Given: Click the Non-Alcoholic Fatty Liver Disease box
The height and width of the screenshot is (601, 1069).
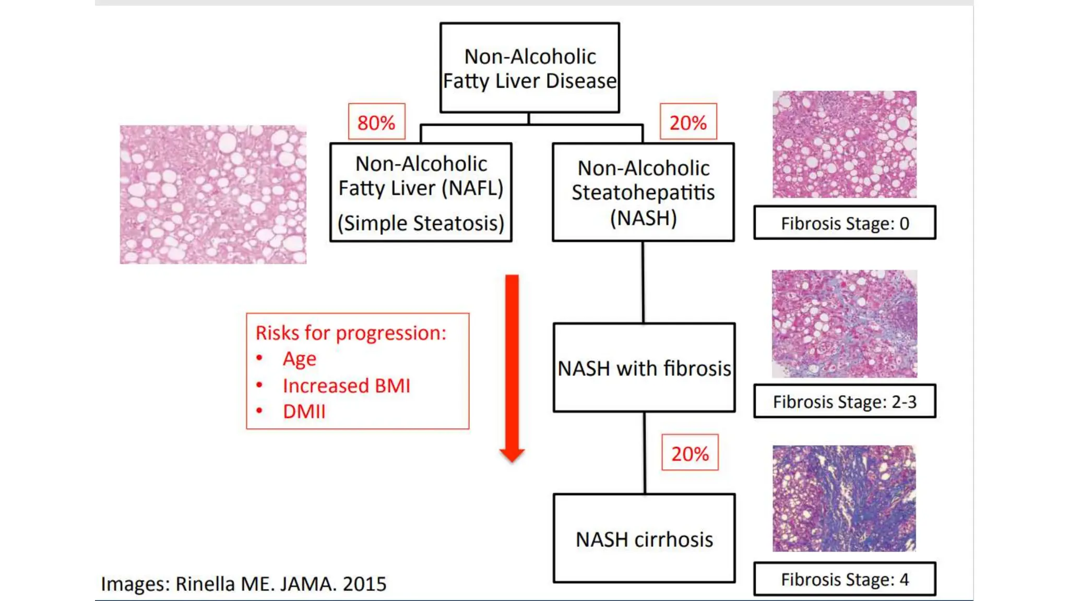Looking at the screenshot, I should [529, 68].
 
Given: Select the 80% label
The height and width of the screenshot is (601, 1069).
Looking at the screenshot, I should [376, 122].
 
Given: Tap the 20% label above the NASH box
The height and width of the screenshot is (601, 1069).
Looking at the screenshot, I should [688, 122].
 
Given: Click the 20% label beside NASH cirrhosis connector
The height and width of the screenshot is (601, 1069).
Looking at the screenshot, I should [690, 453].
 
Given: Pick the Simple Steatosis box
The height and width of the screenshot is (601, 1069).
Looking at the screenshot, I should [421, 192].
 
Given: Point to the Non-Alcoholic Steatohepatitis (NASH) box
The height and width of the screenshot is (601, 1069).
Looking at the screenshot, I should [643, 192].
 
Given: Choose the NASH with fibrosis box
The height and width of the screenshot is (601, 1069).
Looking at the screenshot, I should [644, 368].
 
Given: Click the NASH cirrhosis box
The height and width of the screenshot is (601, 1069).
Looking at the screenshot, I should [644, 538].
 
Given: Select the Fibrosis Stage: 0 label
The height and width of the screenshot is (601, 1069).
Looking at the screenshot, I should [845, 223].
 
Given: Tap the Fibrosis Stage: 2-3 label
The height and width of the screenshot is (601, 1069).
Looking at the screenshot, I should [845, 401].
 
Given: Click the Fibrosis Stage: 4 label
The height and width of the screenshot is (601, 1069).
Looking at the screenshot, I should [845, 579].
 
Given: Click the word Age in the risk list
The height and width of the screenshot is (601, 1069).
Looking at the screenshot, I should [300, 359].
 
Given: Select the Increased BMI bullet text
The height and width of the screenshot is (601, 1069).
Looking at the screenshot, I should [347, 386].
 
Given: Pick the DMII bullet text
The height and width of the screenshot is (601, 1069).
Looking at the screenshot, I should [304, 412].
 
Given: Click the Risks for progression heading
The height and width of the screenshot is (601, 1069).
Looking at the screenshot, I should [351, 333].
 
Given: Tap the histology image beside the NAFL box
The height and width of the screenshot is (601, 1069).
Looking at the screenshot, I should [213, 194].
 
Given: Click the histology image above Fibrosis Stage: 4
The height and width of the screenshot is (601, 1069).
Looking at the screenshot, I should [844, 498].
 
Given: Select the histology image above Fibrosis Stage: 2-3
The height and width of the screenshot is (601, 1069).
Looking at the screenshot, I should [844, 323].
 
